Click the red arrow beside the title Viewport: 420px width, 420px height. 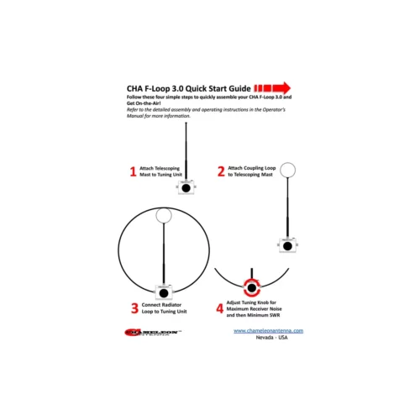click(272, 87)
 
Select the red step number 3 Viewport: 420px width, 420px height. click(134, 308)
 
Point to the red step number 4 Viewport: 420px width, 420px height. click(220, 308)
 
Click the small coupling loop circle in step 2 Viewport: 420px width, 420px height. click(288, 171)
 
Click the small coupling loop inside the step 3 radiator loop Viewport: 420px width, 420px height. click(164, 216)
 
